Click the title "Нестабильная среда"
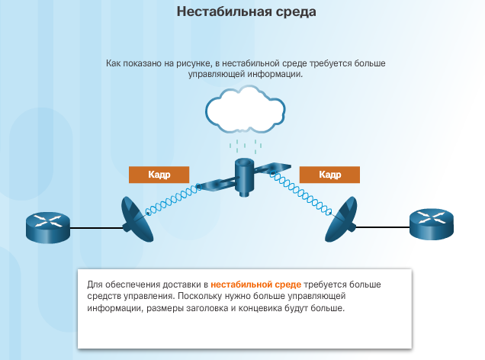[246, 11]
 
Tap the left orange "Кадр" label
[159, 175]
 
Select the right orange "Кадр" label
[329, 175]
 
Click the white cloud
[246, 109]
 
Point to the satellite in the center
[244, 177]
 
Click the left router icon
[48, 227]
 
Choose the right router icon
[432, 224]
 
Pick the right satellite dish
[342, 220]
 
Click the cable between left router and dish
[97, 228]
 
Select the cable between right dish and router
[383, 227]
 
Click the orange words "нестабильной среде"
[255, 284]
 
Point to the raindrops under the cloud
[246, 146]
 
